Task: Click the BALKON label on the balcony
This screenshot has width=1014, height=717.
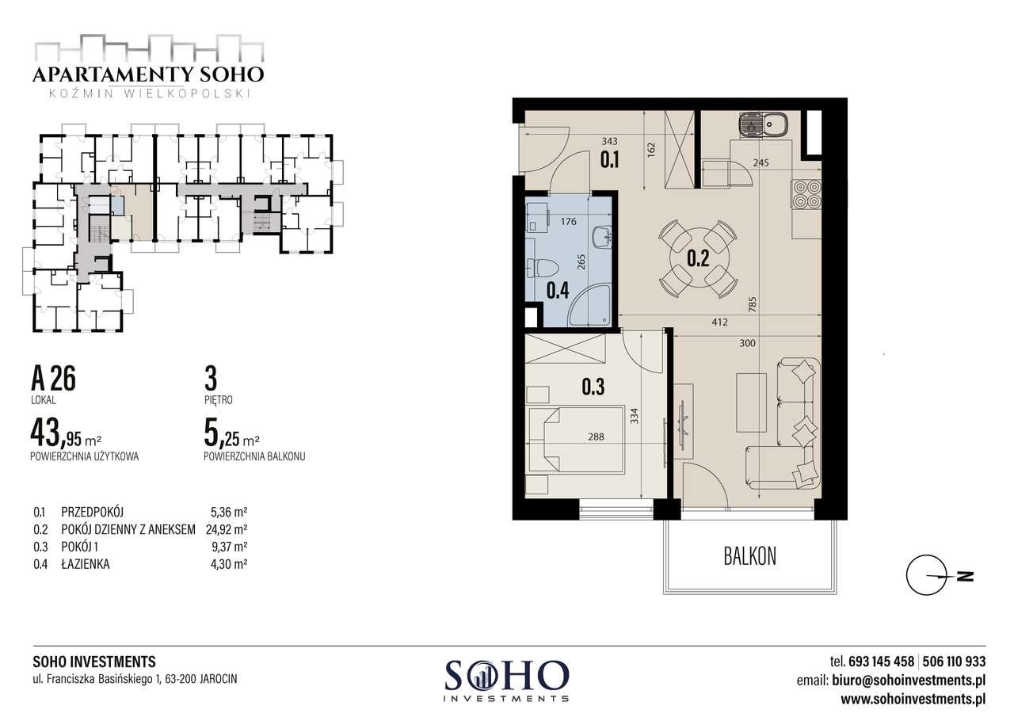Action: point(749,555)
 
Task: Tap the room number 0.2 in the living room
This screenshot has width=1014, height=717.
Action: point(698,257)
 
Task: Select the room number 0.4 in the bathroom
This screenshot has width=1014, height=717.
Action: point(558,290)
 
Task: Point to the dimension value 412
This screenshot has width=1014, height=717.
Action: point(719,322)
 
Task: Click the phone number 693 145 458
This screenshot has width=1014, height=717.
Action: point(881,661)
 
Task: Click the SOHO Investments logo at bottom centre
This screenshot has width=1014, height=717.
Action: point(507,678)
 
